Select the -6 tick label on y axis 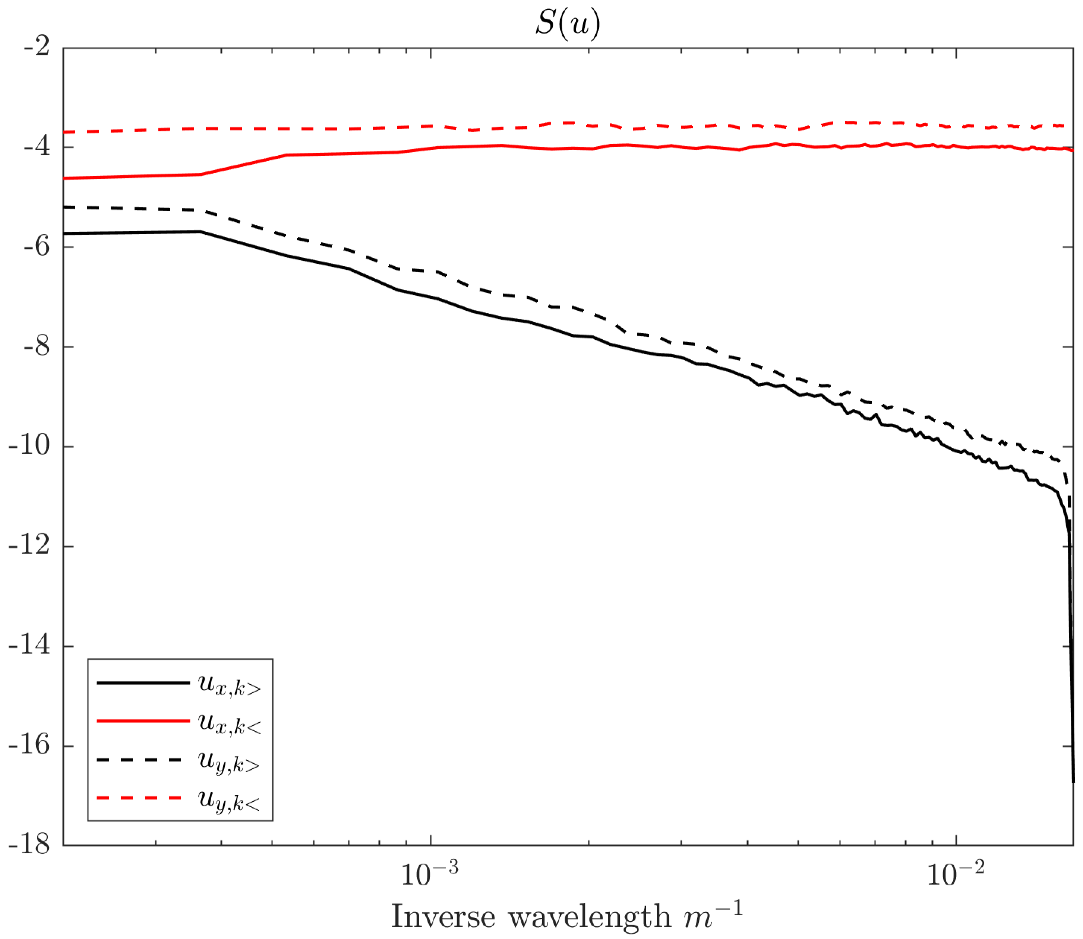click(x=37, y=246)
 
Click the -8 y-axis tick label click(x=37, y=346)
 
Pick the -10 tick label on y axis click(x=31, y=446)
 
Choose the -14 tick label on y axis click(x=31, y=645)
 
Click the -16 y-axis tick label click(x=31, y=745)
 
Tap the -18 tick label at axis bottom click(x=31, y=845)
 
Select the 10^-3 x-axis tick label click(x=429, y=873)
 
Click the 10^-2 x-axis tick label click(x=956, y=873)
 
